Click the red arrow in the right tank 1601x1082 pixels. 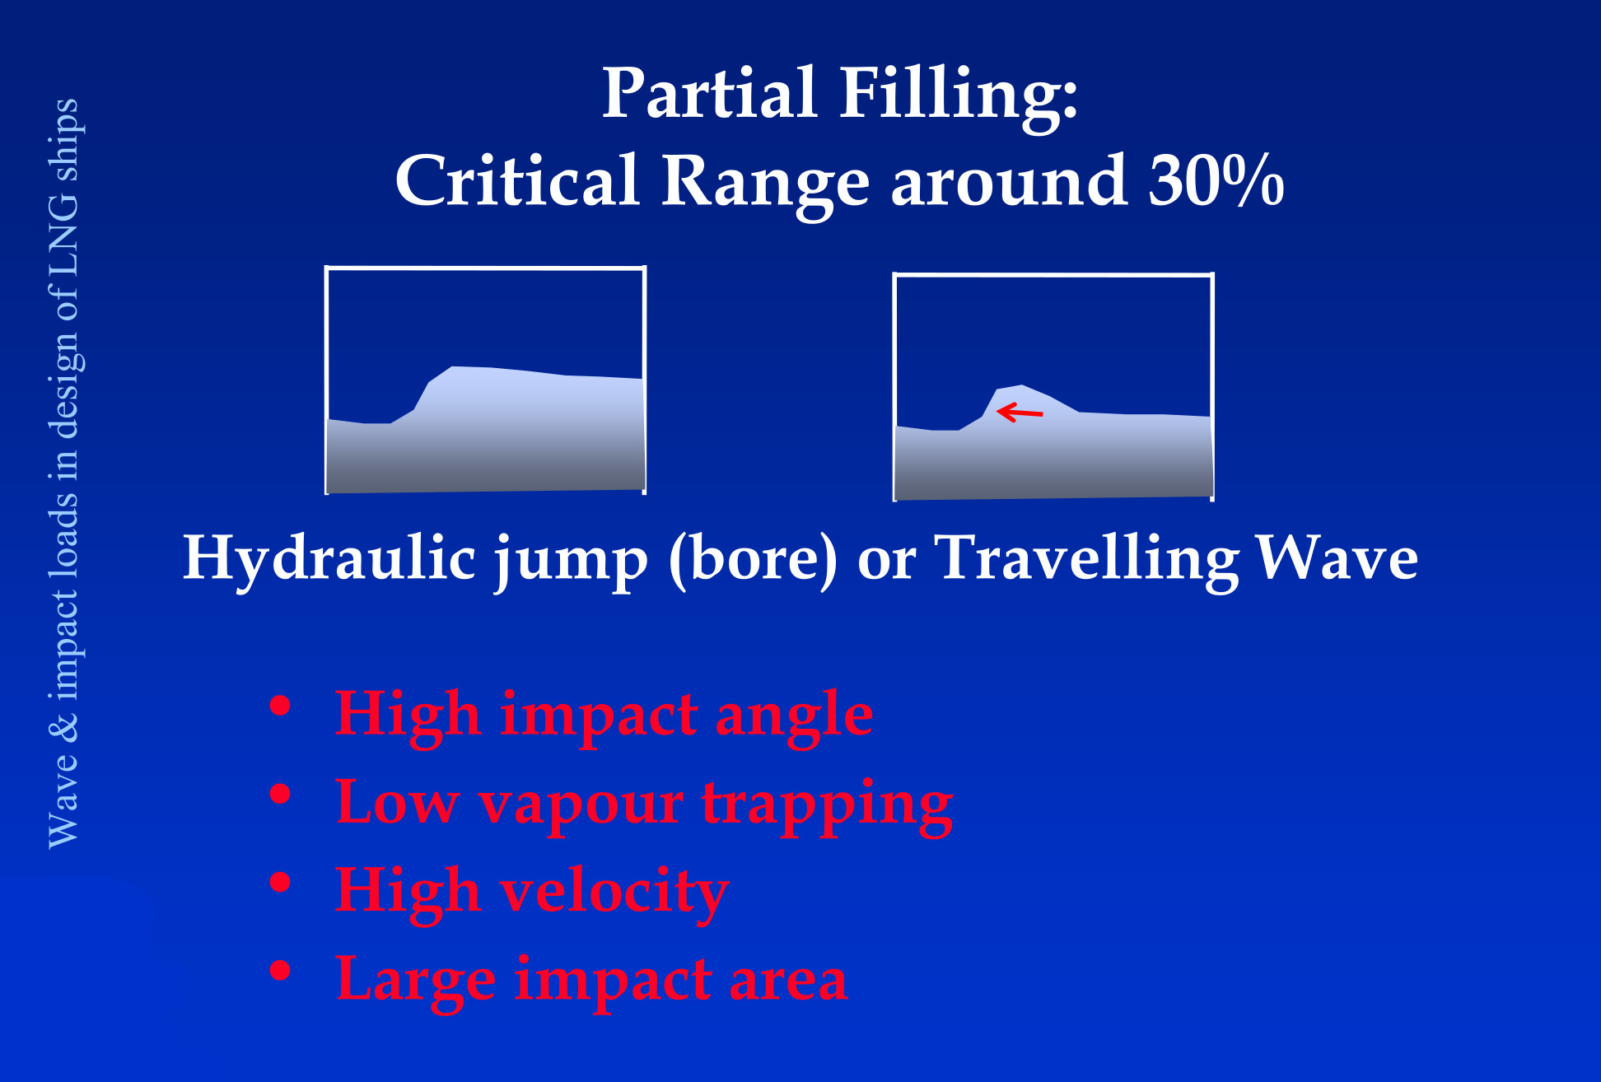click(x=1020, y=412)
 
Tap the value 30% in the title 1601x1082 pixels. click(x=1216, y=180)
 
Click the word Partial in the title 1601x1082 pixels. click(x=710, y=93)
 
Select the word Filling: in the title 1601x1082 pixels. click(x=959, y=97)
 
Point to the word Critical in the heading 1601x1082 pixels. click(x=518, y=180)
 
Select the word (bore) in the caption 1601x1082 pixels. click(x=754, y=560)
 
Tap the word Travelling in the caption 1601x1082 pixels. click(x=1089, y=560)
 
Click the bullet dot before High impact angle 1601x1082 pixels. click(x=281, y=706)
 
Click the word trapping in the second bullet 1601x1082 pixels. click(x=828, y=807)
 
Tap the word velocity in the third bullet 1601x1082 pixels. click(x=614, y=893)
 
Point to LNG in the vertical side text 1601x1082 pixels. click(x=63, y=236)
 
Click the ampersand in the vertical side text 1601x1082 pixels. click(x=63, y=727)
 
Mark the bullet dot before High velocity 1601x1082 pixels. click(x=281, y=882)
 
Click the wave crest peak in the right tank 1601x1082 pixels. click(x=1022, y=385)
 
